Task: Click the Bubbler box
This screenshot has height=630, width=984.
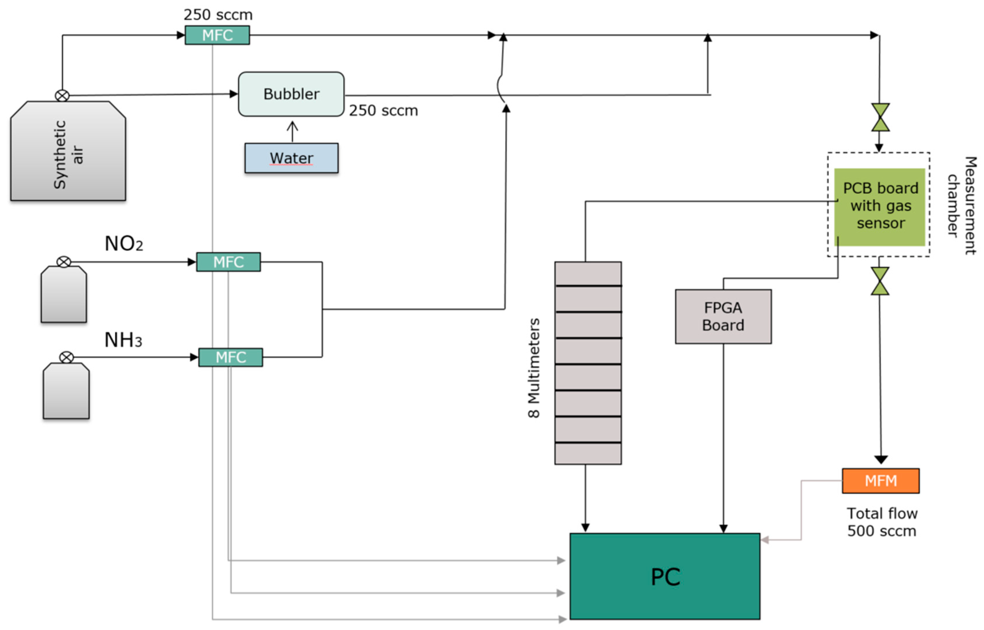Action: click(x=291, y=94)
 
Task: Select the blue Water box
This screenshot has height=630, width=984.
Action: click(x=291, y=158)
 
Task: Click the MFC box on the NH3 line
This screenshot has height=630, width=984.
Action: click(x=230, y=357)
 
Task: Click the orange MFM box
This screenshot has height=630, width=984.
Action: click(x=880, y=481)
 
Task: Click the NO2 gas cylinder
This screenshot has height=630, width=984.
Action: click(x=63, y=294)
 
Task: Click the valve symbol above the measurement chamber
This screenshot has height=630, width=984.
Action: click(x=880, y=117)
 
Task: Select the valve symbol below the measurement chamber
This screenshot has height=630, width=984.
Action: click(x=880, y=281)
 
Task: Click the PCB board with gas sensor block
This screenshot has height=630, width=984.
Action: click(x=880, y=207)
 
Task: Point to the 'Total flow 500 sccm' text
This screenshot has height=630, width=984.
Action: click(x=882, y=522)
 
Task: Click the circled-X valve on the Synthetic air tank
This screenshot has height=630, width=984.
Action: click(x=62, y=96)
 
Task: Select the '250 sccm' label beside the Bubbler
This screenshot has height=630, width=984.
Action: click(x=383, y=110)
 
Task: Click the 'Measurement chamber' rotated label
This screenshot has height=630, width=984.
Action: click(x=962, y=205)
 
